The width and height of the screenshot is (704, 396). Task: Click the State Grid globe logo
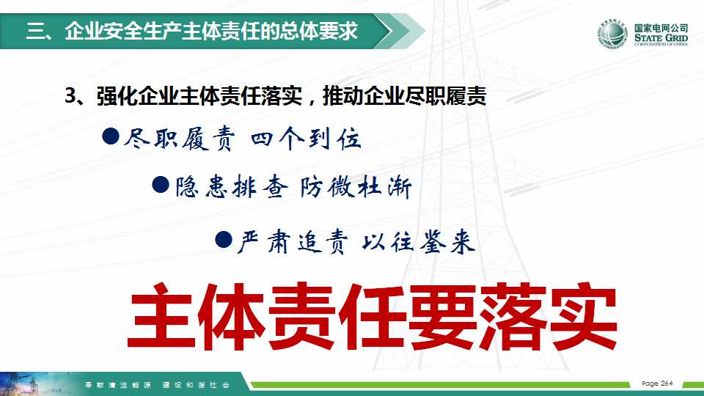[612, 34]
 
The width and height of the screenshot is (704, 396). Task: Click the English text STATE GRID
[661, 37]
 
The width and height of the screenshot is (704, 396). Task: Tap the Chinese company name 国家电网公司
[661, 28]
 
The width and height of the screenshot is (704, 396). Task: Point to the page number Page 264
[657, 384]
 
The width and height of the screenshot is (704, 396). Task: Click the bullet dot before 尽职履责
[111, 136]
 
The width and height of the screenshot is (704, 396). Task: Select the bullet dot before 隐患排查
[161, 185]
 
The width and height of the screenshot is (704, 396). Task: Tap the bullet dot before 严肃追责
[224, 240]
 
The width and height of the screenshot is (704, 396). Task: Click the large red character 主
[161, 317]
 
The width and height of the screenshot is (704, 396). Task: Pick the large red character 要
[442, 317]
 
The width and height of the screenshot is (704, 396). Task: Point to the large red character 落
[513, 317]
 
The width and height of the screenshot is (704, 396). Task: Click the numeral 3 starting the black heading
[70, 96]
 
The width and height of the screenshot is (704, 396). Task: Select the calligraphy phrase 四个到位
[306, 139]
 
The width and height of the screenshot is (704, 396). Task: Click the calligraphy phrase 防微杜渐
[356, 187]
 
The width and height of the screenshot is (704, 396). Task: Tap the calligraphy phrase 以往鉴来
[418, 243]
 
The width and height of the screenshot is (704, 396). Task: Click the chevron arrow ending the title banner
[400, 31]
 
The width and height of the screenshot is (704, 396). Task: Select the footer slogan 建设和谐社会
[196, 385]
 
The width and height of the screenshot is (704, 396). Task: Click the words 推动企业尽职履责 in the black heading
[405, 96]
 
